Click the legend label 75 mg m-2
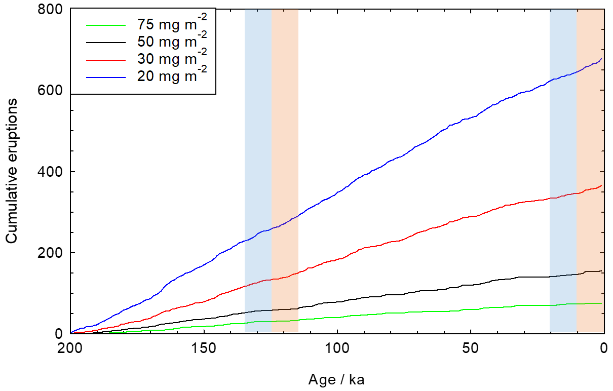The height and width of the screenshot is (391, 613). pos(172,24)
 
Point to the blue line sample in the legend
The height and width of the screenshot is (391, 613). pos(105,76)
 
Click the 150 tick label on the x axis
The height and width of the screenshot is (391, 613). pos(204,348)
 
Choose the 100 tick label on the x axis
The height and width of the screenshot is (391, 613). pos(337,348)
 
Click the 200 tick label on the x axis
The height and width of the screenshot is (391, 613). pos(70,348)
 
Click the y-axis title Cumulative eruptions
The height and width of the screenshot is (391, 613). pos(12,171)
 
